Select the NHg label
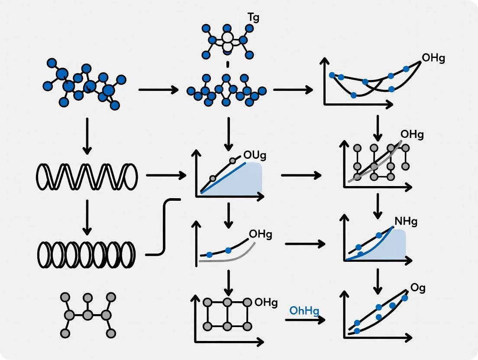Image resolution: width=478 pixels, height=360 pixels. (406, 222)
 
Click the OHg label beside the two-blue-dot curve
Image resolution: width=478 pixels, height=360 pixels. (261, 235)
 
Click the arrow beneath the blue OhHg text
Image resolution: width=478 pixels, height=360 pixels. (305, 320)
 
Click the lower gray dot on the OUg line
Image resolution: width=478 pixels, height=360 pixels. (213, 178)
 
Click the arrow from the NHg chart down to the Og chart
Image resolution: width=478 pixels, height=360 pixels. (378, 280)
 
